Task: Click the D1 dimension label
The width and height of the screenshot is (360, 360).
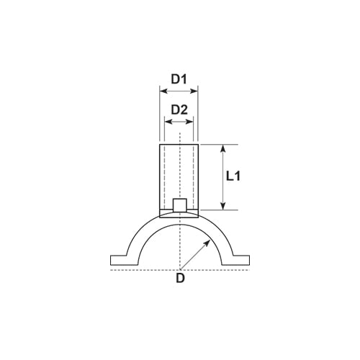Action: click(179, 79)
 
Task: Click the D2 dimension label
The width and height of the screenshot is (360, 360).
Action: click(179, 110)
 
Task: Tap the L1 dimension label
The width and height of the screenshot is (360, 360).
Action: click(233, 176)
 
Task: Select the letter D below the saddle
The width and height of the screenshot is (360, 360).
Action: click(180, 278)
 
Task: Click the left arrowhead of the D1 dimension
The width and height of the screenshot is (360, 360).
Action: click(163, 91)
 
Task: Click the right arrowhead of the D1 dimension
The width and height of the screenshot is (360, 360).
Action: click(194, 91)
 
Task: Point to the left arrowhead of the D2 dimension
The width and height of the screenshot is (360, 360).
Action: click(168, 122)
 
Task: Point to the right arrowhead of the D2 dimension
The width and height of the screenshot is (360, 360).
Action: click(190, 122)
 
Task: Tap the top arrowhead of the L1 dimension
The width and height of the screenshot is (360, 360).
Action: click(223, 148)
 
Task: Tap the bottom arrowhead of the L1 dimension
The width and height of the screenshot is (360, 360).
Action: click(223, 207)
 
